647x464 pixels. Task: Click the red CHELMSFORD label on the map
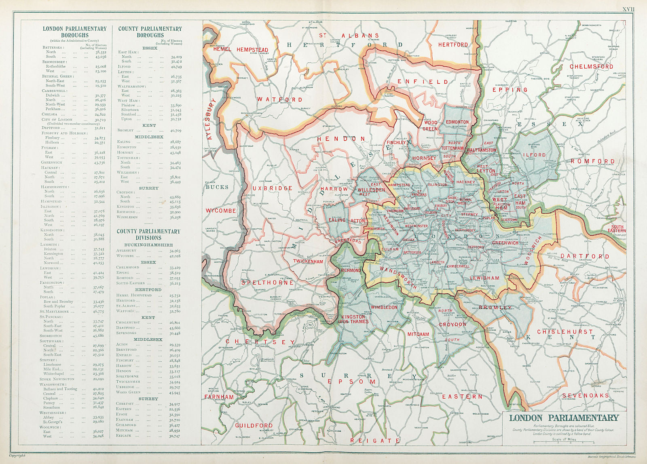pyautogui.click(x=591, y=66)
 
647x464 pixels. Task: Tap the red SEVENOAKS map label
pyautogui.click(x=585, y=395)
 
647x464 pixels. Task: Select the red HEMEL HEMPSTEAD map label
pyautogui.click(x=240, y=49)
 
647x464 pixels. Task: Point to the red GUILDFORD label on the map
pyautogui.click(x=254, y=426)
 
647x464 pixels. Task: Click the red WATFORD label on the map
pyautogui.click(x=279, y=99)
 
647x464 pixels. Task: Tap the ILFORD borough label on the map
pyautogui.click(x=535, y=155)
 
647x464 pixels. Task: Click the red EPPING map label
pyautogui.click(x=510, y=90)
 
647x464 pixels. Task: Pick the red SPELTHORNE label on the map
pyautogui.click(x=267, y=283)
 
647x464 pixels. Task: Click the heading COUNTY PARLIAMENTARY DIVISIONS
pyautogui.click(x=148, y=234)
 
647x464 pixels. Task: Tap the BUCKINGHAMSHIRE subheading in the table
pyautogui.click(x=148, y=245)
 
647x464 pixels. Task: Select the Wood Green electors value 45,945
pyautogui.click(x=175, y=392)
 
